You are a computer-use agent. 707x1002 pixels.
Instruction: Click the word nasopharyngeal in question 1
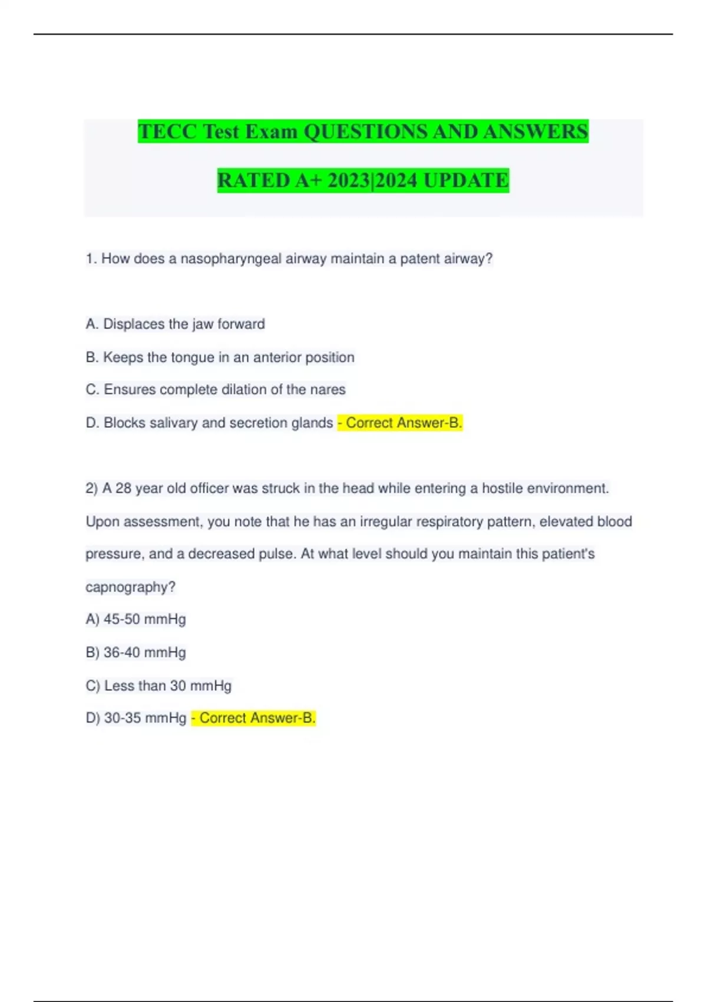(231, 259)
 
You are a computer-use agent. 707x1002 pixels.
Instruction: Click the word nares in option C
(328, 390)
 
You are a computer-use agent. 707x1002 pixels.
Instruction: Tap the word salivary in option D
(173, 423)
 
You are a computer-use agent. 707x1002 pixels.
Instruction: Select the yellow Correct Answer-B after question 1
(400, 423)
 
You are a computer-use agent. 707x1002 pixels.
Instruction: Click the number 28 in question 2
(123, 489)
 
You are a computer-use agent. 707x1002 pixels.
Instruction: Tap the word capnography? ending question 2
(130, 587)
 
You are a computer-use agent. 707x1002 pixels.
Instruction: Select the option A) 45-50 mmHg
(136, 619)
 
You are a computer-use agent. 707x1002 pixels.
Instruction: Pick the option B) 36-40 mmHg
(136, 652)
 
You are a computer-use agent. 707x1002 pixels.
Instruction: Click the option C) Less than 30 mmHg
(158, 686)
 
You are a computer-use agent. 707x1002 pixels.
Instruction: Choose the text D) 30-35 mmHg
(136, 718)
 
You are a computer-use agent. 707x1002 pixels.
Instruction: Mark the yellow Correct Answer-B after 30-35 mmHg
(254, 718)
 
